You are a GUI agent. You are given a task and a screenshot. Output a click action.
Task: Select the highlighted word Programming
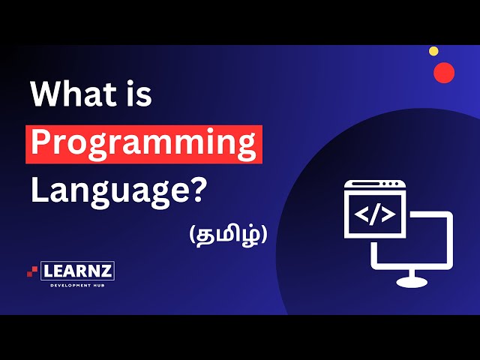(144, 143)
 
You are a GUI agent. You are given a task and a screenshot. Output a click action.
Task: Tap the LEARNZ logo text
(78, 271)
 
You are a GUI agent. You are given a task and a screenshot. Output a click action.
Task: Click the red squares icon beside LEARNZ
(32, 271)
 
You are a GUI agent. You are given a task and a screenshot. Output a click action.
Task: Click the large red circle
(444, 73)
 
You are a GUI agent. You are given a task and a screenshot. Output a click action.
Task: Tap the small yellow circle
(433, 51)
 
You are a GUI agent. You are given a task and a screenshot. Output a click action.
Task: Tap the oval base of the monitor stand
(410, 282)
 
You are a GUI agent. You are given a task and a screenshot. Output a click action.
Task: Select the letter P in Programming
(41, 143)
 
